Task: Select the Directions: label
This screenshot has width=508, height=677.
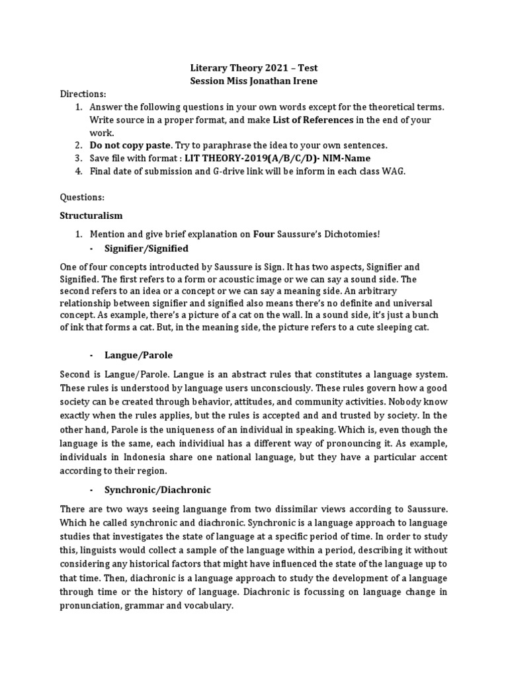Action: [x=83, y=94]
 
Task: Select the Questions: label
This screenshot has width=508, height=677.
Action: [x=82, y=197]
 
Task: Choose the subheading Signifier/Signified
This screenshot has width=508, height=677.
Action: [x=146, y=248]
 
